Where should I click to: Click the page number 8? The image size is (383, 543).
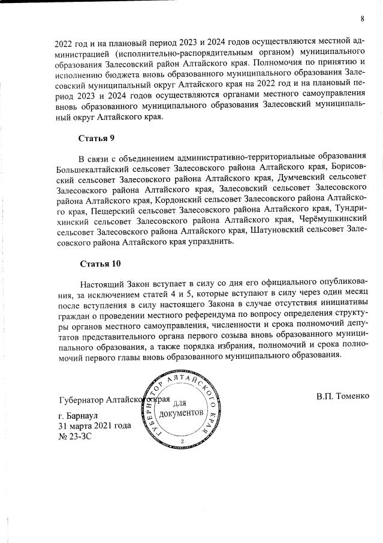(363, 19)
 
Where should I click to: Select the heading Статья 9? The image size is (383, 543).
(96, 139)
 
